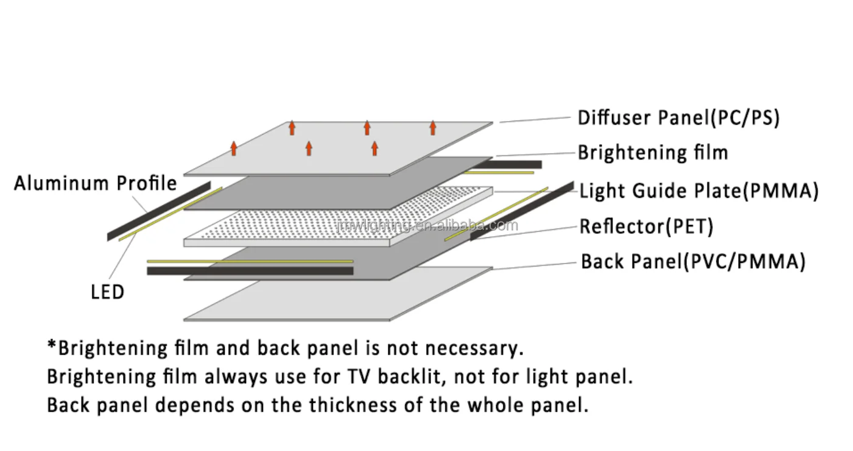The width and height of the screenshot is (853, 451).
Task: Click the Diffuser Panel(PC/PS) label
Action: click(x=678, y=117)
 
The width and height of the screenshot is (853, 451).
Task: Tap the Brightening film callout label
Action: click(x=653, y=152)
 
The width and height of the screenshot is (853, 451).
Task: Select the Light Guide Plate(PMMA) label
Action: click(x=698, y=191)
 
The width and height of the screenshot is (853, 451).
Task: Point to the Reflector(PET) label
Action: click(x=646, y=227)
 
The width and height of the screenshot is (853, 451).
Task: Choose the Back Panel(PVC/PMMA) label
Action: click(x=693, y=262)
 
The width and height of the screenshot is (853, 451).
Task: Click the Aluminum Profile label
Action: click(x=96, y=183)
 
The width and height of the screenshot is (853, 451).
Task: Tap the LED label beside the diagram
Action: click(x=107, y=292)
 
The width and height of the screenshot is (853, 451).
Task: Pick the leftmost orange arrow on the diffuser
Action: click(x=233, y=148)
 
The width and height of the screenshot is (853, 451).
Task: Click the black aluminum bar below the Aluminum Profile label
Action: click(x=159, y=211)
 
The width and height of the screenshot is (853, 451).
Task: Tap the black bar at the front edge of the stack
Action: click(x=250, y=271)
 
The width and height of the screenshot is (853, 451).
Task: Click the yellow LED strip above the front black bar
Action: click(x=250, y=262)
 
